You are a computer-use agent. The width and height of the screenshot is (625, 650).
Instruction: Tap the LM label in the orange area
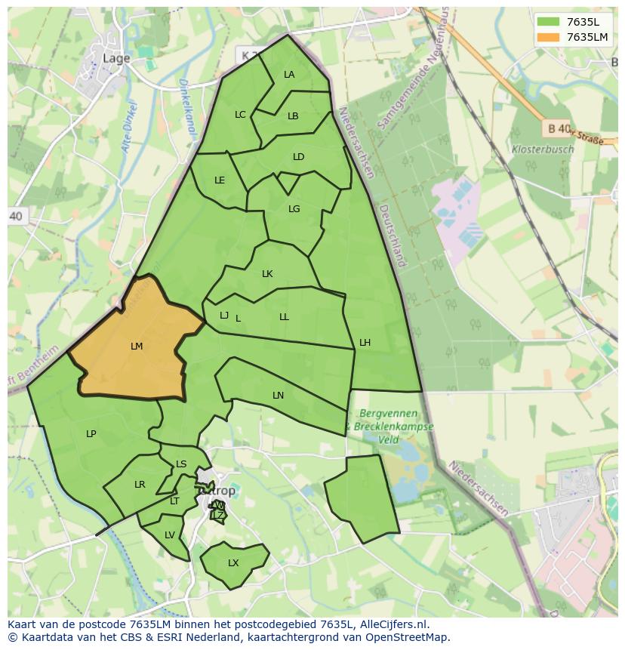pyautogui.click(x=137, y=347)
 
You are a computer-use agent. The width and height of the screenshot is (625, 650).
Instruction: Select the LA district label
pyautogui.click(x=289, y=75)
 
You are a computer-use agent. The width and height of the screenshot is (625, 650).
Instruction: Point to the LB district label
pyautogui.click(x=293, y=116)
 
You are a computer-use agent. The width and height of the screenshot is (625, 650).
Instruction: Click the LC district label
pyautogui.click(x=240, y=115)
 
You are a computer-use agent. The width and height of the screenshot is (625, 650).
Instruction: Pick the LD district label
pyautogui.click(x=298, y=157)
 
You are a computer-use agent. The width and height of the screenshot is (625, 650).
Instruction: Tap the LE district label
pyautogui.click(x=220, y=180)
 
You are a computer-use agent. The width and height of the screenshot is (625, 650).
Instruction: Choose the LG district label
pyautogui.click(x=294, y=209)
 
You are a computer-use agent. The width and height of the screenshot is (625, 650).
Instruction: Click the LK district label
pyautogui.click(x=267, y=274)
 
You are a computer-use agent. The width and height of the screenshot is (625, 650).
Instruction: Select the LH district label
pyautogui.click(x=365, y=343)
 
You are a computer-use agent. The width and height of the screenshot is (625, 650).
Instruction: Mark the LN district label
pyautogui.click(x=278, y=396)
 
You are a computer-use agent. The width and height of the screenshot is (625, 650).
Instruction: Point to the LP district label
pyautogui.click(x=91, y=434)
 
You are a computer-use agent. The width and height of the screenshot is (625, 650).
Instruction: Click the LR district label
pyautogui.click(x=140, y=485)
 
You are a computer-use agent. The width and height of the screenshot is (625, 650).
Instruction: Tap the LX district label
pyautogui.click(x=233, y=563)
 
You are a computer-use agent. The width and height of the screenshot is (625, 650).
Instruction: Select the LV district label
pyautogui.click(x=170, y=535)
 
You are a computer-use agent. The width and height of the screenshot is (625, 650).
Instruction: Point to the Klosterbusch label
pyautogui.click(x=542, y=149)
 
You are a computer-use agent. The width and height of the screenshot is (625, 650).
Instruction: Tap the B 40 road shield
pyautogui.click(x=558, y=129)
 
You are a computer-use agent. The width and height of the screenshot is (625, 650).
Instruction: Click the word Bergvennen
pyautogui.click(x=389, y=414)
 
